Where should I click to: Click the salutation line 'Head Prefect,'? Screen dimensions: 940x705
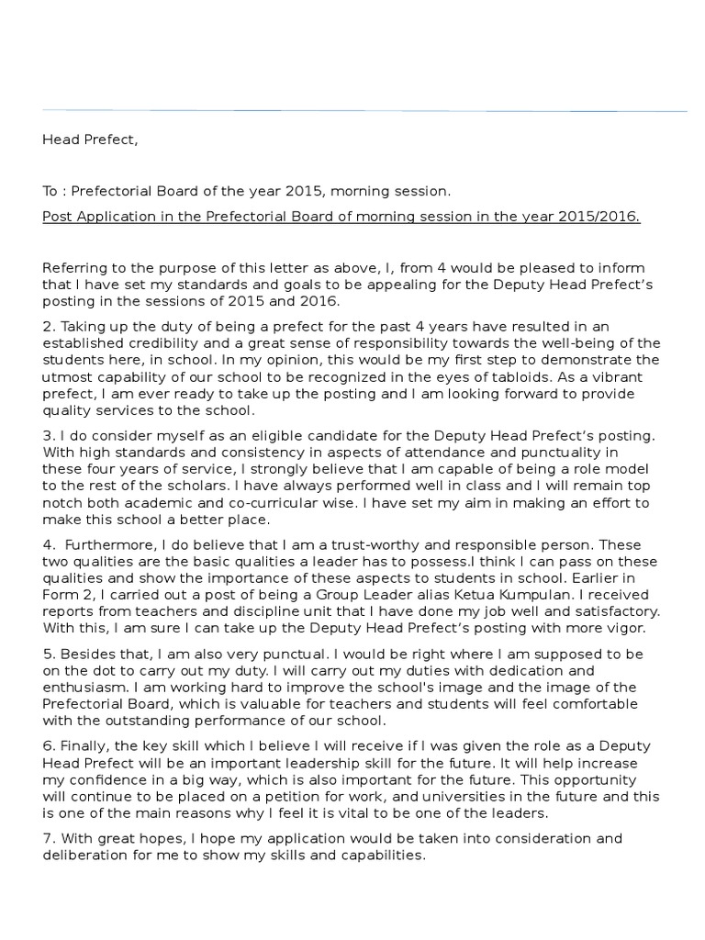click(90, 140)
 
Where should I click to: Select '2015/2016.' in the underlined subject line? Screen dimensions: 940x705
click(606, 217)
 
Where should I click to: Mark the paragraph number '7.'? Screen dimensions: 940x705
click(48, 838)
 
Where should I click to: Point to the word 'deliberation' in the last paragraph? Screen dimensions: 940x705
click(85, 855)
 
